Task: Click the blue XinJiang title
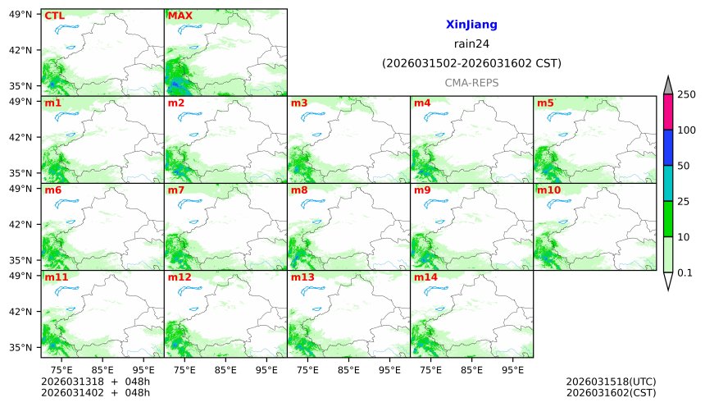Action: click(471, 25)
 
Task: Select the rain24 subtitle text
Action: click(471, 44)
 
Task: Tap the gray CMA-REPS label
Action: click(471, 83)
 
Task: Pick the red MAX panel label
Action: click(180, 16)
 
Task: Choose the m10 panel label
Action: click(548, 190)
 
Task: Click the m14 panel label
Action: click(425, 277)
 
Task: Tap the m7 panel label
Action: click(176, 190)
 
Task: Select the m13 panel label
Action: click(302, 277)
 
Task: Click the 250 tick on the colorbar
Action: click(685, 95)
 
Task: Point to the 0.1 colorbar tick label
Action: click(685, 272)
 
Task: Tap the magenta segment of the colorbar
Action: click(668, 112)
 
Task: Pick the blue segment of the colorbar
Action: click(668, 147)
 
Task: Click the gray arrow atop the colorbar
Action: click(668, 85)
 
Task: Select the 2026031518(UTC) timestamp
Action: click(611, 382)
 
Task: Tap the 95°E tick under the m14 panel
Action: click(513, 369)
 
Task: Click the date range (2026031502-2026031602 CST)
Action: click(471, 63)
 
